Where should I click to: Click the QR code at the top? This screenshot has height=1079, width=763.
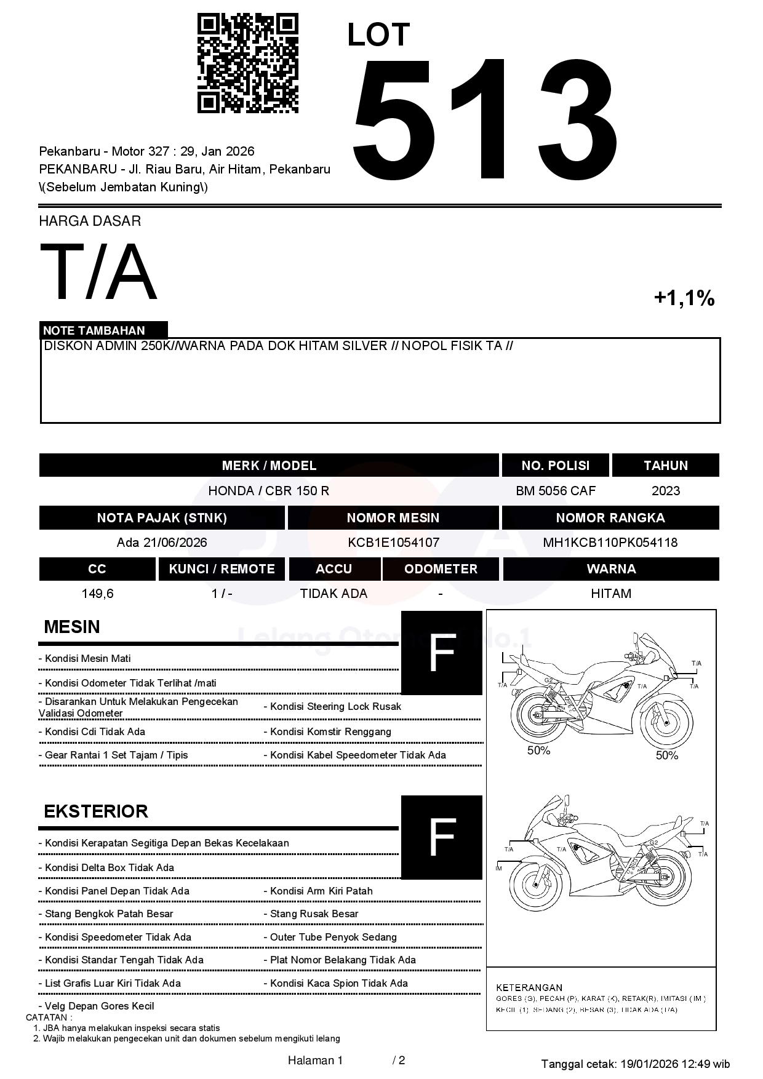[247, 63]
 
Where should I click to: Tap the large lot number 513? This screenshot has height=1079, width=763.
[484, 120]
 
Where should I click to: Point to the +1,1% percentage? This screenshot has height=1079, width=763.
[684, 298]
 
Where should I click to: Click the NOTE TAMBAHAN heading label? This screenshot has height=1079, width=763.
[94, 330]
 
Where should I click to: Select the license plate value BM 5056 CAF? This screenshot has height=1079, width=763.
[556, 491]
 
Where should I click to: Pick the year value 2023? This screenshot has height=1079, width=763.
[666, 491]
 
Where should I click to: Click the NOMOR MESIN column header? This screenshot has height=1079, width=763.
[393, 518]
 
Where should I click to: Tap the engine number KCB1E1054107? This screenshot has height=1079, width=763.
[393, 543]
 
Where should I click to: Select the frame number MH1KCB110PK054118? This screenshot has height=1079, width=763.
[610, 543]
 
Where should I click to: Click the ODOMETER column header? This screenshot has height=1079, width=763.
[441, 569]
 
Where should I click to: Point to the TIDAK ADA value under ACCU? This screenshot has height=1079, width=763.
[334, 594]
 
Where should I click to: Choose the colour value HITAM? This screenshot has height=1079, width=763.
[611, 594]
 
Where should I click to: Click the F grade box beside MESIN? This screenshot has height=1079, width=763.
[441, 653]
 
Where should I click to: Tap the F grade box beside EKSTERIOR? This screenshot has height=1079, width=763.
[441, 837]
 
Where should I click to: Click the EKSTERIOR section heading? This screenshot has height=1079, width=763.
[96, 811]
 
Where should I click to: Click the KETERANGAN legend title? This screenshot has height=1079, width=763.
[529, 987]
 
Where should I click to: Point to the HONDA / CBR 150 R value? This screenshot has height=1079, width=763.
[268, 491]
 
